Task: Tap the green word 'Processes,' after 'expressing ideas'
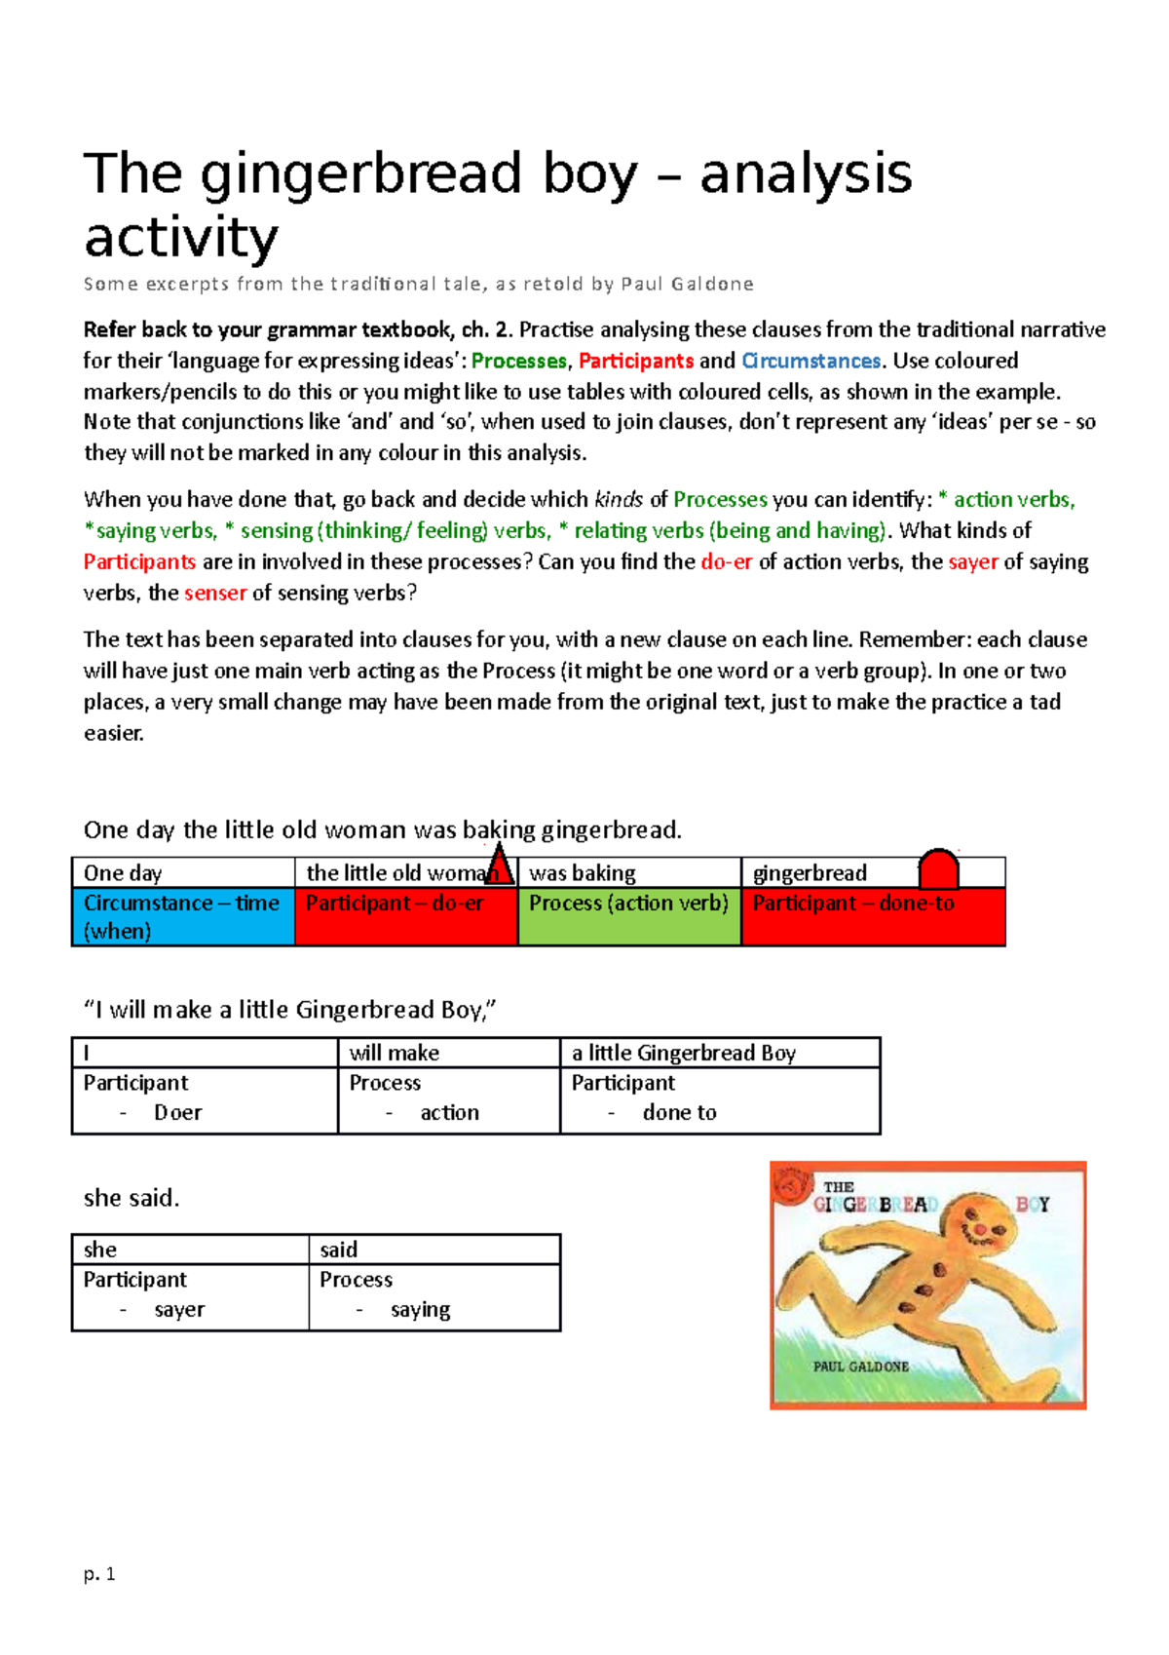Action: click(519, 362)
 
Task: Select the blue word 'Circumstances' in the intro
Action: click(811, 362)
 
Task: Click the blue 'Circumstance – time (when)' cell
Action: click(183, 916)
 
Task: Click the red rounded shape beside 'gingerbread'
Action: click(939, 868)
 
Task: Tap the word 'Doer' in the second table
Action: click(177, 1113)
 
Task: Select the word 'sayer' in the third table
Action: click(179, 1310)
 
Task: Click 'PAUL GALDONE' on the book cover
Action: click(860, 1366)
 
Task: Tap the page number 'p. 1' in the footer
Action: click(99, 1574)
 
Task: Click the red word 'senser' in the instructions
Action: click(215, 594)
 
